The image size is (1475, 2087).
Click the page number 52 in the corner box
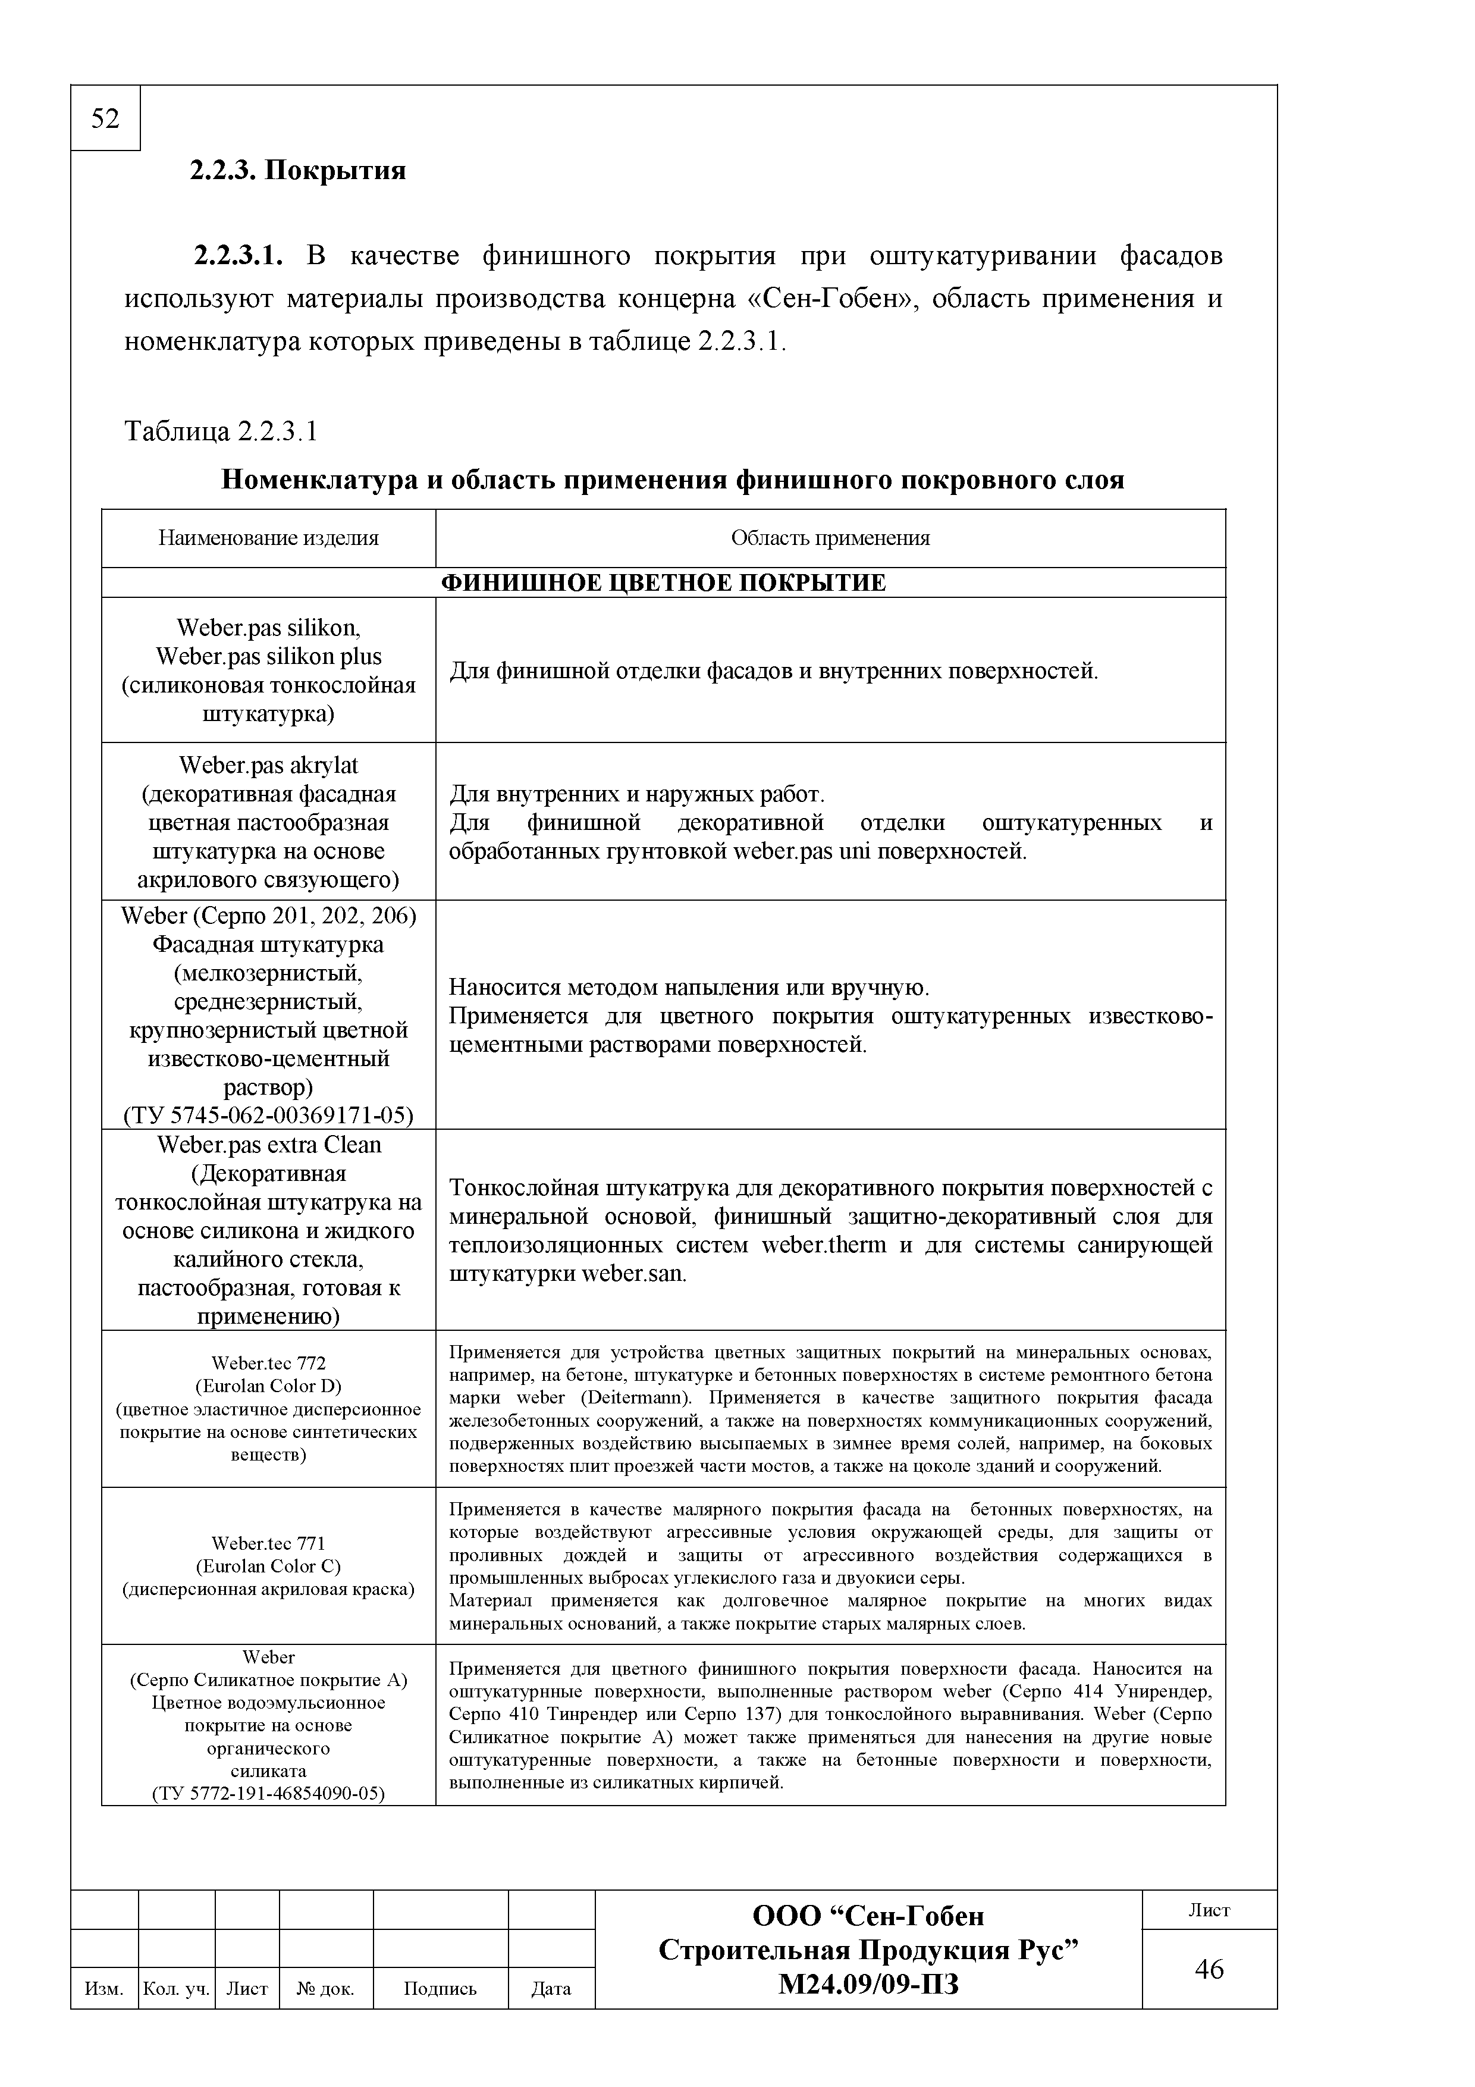(x=105, y=119)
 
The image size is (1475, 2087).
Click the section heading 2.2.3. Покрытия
(x=297, y=170)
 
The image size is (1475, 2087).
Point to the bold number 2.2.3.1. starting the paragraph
(x=238, y=256)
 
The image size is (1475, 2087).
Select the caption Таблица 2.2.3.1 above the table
(x=221, y=431)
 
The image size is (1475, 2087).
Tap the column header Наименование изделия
(x=268, y=538)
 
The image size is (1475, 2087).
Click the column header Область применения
(x=830, y=538)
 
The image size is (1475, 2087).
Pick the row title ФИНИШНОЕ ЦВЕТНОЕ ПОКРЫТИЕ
(x=663, y=582)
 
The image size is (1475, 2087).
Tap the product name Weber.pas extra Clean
(x=269, y=1145)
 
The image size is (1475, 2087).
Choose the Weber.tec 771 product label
(x=268, y=1543)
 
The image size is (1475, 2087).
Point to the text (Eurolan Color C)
(x=268, y=1566)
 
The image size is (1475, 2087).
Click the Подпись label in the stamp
(x=440, y=1988)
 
